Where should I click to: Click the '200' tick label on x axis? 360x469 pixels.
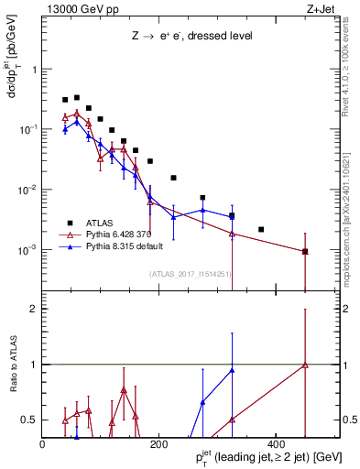158,445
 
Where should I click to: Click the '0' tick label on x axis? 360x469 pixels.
43,445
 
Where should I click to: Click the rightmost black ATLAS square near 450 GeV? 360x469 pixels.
305,251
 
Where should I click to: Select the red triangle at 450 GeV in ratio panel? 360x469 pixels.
305,365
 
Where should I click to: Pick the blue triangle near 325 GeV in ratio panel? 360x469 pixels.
233,370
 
